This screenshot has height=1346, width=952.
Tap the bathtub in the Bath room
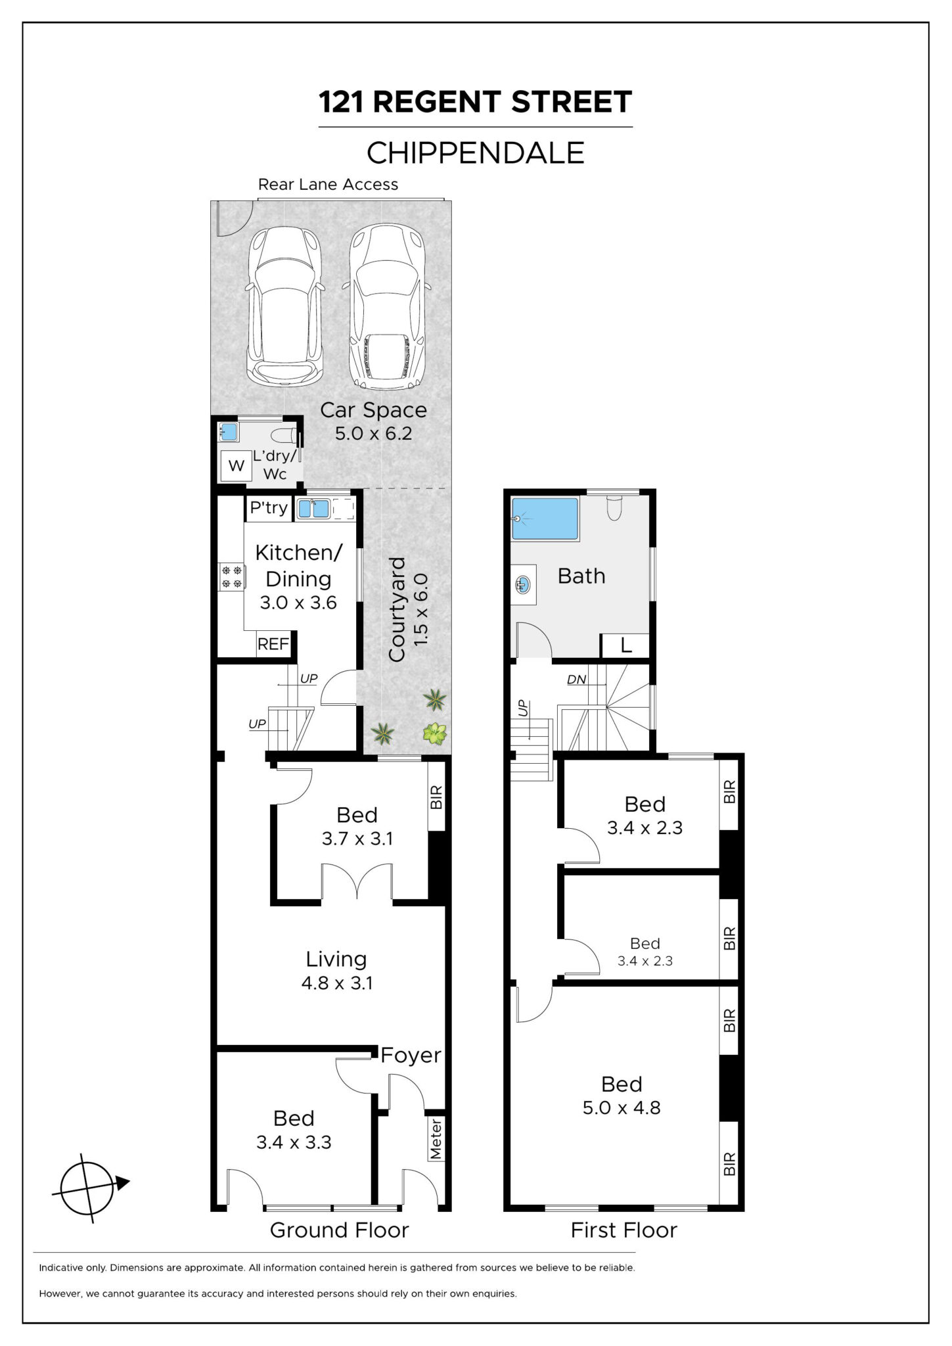click(x=545, y=519)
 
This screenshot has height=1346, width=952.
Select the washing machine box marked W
click(x=236, y=466)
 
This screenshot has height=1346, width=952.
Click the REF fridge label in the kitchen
click(x=273, y=643)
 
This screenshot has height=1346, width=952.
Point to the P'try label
click(x=269, y=507)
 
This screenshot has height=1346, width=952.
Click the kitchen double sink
click(x=313, y=509)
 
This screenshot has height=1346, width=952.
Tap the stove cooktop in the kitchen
click(x=231, y=577)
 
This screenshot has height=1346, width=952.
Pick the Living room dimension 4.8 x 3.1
click(x=336, y=983)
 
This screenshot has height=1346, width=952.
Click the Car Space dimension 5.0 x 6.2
click(x=373, y=433)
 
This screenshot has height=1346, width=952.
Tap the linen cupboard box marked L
click(x=625, y=645)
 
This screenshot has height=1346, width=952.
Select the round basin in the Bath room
click(x=523, y=584)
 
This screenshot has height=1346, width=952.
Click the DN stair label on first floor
click(x=576, y=680)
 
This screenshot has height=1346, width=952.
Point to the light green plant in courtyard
click(x=434, y=733)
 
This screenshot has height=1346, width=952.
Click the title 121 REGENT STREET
click(x=476, y=102)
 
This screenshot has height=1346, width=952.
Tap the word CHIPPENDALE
click(x=476, y=153)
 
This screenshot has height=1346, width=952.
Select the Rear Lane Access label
click(x=328, y=185)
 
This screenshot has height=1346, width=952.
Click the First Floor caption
click(x=623, y=1230)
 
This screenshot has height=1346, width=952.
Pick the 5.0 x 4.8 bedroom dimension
click(x=622, y=1107)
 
